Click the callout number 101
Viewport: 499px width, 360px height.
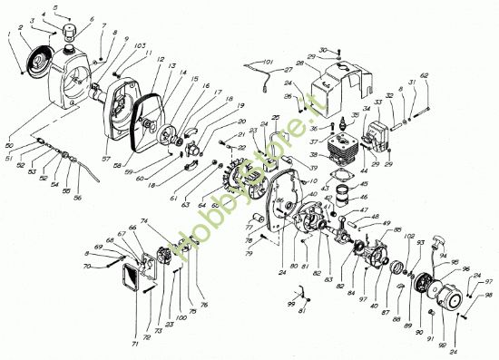coord(266,62)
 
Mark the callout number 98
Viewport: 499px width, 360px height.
coord(488,296)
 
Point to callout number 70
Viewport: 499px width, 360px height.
coord(88,267)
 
